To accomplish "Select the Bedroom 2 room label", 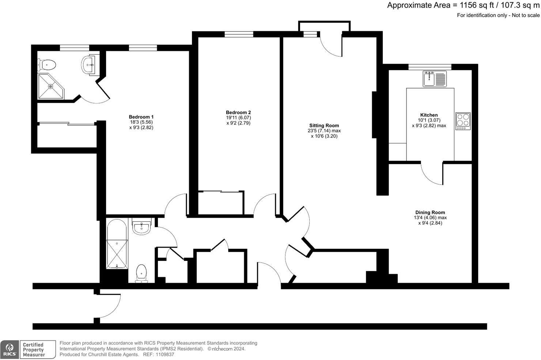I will tap(238, 112).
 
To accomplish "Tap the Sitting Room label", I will tap(324, 125).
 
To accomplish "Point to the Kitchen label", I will tap(429, 115).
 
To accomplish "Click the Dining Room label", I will tap(430, 213).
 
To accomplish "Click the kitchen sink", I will tap(435, 79).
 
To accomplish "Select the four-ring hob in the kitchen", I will tap(463, 121).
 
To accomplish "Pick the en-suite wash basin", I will tap(89, 65).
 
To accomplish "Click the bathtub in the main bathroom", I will tap(117, 244).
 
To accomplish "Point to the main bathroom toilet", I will tap(141, 274).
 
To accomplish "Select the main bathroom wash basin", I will tap(141, 227).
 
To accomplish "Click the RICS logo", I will tap(10, 350).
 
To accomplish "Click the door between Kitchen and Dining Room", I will tap(432, 173).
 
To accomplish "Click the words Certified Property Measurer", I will tap(34, 350).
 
